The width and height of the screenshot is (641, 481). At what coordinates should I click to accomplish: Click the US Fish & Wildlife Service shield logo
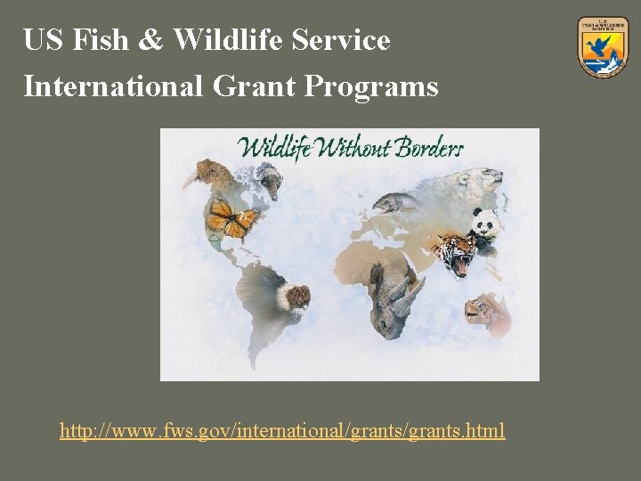(x=603, y=45)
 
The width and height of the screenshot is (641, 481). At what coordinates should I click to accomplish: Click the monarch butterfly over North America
(x=231, y=218)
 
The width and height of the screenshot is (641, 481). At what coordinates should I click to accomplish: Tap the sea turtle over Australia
(x=485, y=309)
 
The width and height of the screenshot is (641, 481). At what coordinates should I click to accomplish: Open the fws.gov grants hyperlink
(x=282, y=431)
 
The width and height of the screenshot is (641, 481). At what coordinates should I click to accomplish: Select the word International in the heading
(x=114, y=86)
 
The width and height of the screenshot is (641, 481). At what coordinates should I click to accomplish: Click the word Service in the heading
(x=344, y=40)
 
